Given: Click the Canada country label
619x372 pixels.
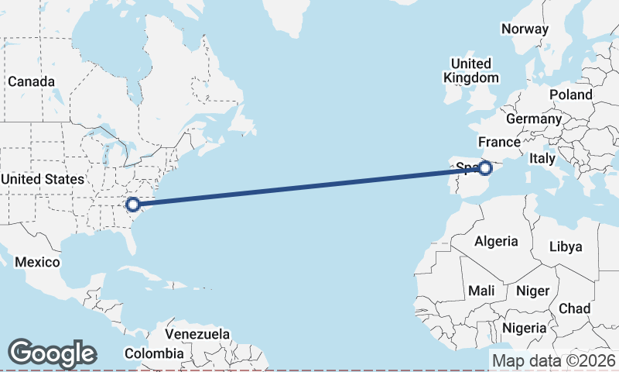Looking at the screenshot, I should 31,81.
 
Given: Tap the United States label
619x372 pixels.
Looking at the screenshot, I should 42,179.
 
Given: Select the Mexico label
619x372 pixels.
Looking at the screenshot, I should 37,262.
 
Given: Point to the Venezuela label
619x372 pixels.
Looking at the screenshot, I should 197,334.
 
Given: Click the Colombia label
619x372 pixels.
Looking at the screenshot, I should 155,353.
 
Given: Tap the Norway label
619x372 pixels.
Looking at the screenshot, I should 525,29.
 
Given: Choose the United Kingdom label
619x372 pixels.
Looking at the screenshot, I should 470,71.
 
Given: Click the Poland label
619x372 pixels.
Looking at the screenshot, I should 570,95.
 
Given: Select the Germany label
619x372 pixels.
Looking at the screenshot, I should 534,119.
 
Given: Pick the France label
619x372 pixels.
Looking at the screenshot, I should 499,142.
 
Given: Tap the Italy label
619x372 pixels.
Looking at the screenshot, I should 542,158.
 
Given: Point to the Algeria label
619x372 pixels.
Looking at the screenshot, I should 496,241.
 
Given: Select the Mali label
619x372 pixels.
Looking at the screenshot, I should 481,291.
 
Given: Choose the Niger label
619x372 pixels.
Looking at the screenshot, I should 532,291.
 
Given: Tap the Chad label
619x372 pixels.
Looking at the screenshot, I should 574,308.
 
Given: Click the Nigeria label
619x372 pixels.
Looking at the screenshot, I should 525,327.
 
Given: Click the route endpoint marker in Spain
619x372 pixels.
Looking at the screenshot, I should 485,167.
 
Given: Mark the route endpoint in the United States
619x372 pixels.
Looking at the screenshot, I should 132,205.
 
